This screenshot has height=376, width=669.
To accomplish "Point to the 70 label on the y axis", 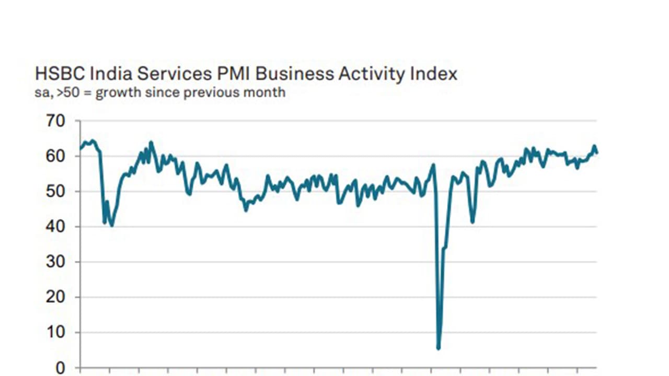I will [x=56, y=121].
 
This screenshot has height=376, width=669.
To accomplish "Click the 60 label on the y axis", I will [x=56, y=156].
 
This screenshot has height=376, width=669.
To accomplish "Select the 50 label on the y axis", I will [x=56, y=192].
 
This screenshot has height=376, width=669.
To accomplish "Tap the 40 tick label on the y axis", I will [x=56, y=227].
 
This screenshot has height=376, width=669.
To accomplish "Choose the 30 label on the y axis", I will [x=56, y=262].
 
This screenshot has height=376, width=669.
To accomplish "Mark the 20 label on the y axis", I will [x=56, y=297].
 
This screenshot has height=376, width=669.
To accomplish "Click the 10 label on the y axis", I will [x=56, y=333].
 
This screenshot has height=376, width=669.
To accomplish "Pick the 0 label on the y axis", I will [x=61, y=368].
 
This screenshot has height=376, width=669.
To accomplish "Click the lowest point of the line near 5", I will [x=438, y=348].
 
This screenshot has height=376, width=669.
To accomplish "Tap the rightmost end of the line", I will [x=597, y=152].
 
